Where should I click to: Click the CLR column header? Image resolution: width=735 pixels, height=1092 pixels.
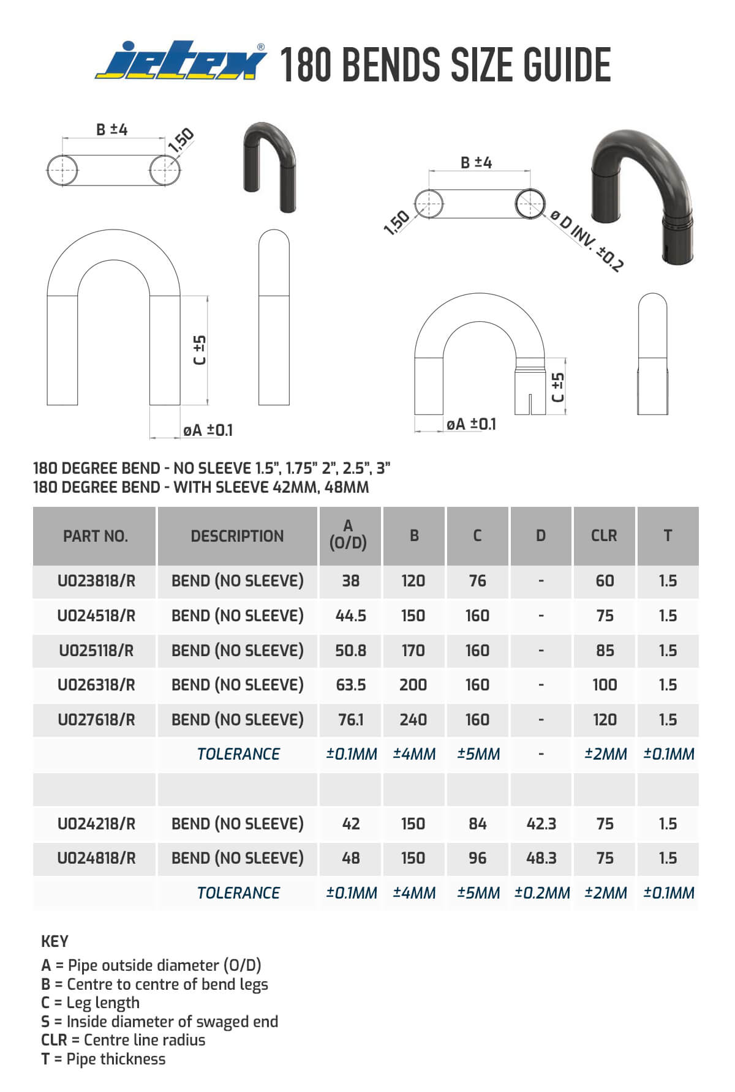(604, 536)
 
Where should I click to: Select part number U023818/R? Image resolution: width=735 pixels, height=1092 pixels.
(96, 581)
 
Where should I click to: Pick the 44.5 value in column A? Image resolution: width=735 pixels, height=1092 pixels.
(350, 615)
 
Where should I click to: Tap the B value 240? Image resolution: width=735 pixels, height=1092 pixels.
(413, 719)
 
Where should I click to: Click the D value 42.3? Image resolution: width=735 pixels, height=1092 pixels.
(541, 823)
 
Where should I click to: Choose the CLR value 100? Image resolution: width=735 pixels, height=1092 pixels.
(605, 684)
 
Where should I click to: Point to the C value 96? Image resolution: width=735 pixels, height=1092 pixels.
(477, 858)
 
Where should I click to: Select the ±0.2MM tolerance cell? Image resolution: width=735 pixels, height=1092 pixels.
(542, 892)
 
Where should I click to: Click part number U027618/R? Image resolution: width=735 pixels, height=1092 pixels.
(96, 719)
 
